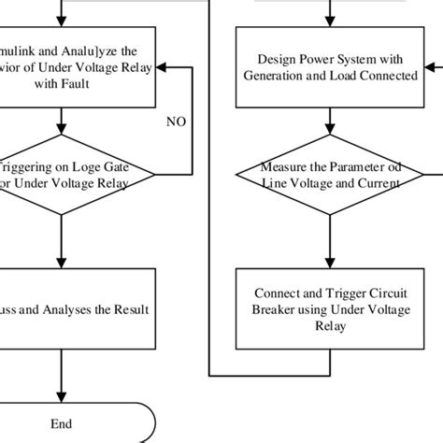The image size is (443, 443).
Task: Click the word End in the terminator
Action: [62, 422]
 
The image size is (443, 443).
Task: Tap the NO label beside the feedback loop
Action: [176, 121]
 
